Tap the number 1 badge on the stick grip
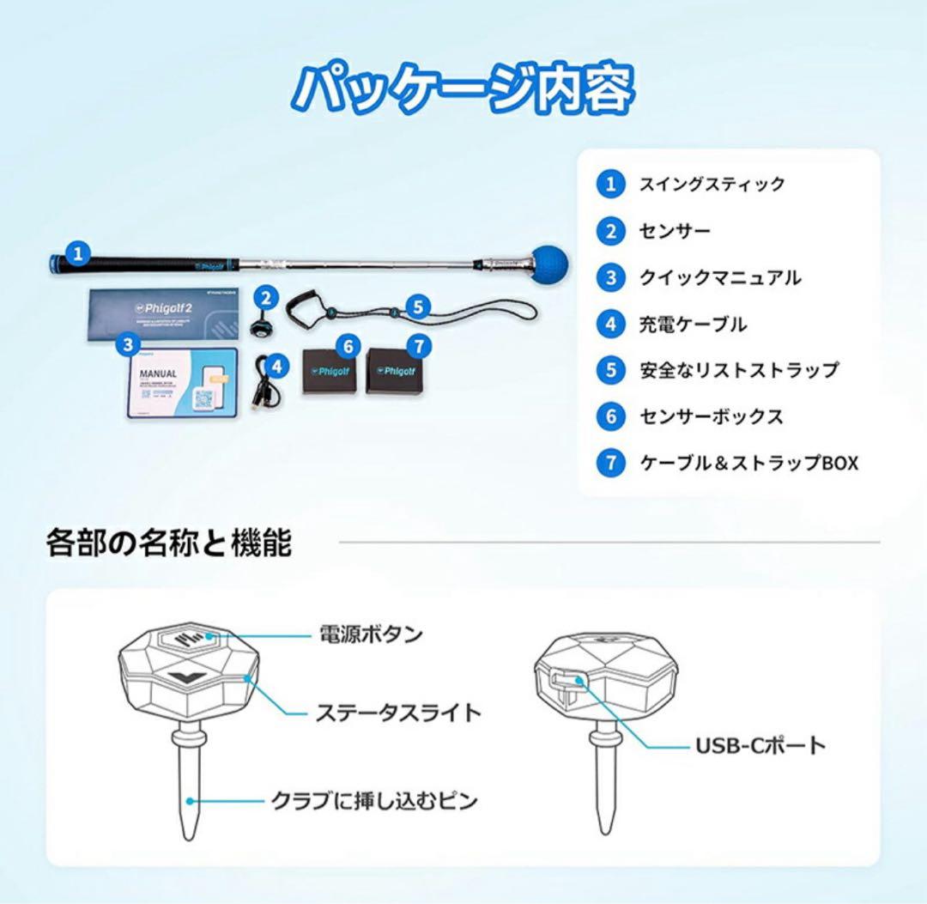point(78,254)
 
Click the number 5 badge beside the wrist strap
point(417,306)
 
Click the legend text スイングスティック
point(712,185)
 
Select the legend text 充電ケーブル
point(693,325)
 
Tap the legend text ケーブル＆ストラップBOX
point(748,463)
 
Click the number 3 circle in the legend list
point(610,277)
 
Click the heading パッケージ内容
point(463,88)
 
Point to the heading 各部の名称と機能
point(169,543)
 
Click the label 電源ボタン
point(371,635)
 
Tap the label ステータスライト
point(397,713)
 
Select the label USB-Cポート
point(760,745)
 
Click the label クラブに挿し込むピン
point(374,801)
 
